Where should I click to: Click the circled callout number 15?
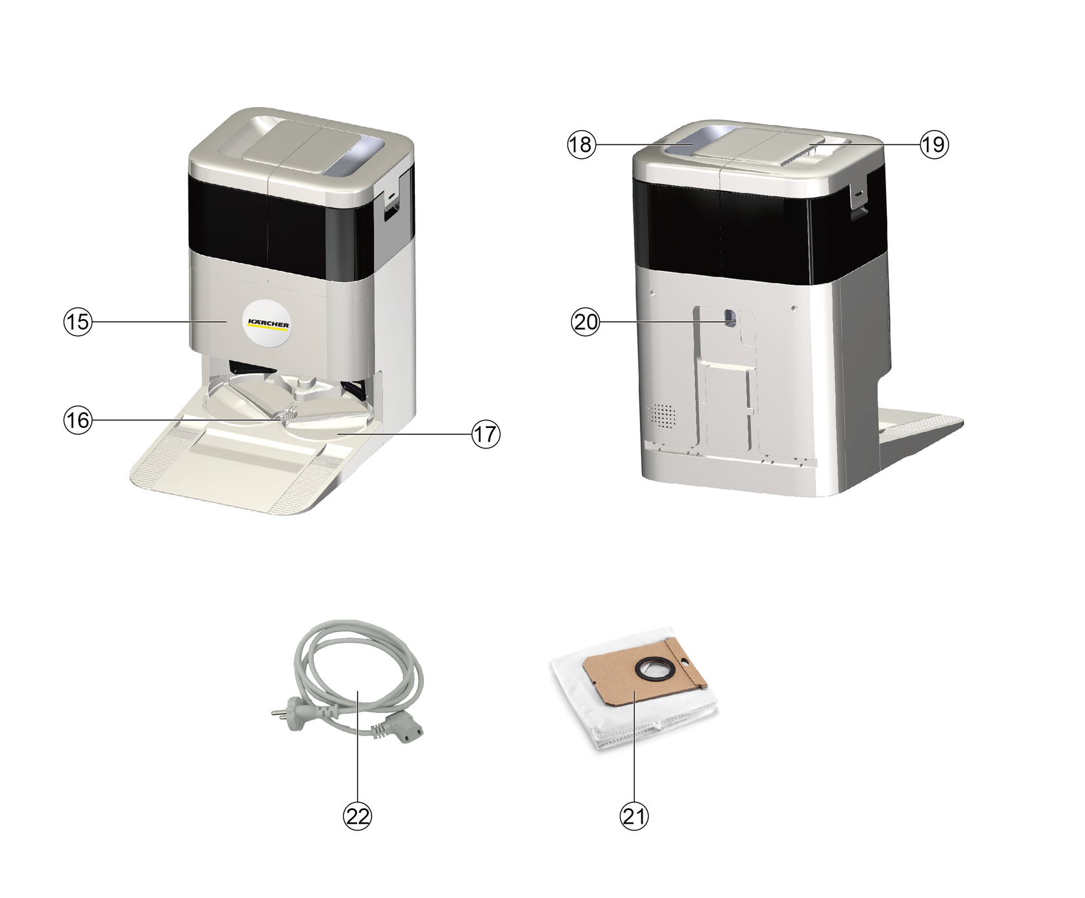tap(77, 322)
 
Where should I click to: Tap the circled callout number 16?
tap(77, 419)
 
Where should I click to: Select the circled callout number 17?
tap(486, 434)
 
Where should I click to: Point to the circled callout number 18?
tap(581, 144)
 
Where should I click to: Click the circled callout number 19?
tap(933, 144)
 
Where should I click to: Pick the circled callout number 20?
tap(586, 322)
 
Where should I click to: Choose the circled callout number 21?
tap(634, 816)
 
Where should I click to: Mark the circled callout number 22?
tap(358, 816)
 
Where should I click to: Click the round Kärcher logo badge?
tap(267, 322)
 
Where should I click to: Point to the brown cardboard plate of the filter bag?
tap(647, 680)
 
